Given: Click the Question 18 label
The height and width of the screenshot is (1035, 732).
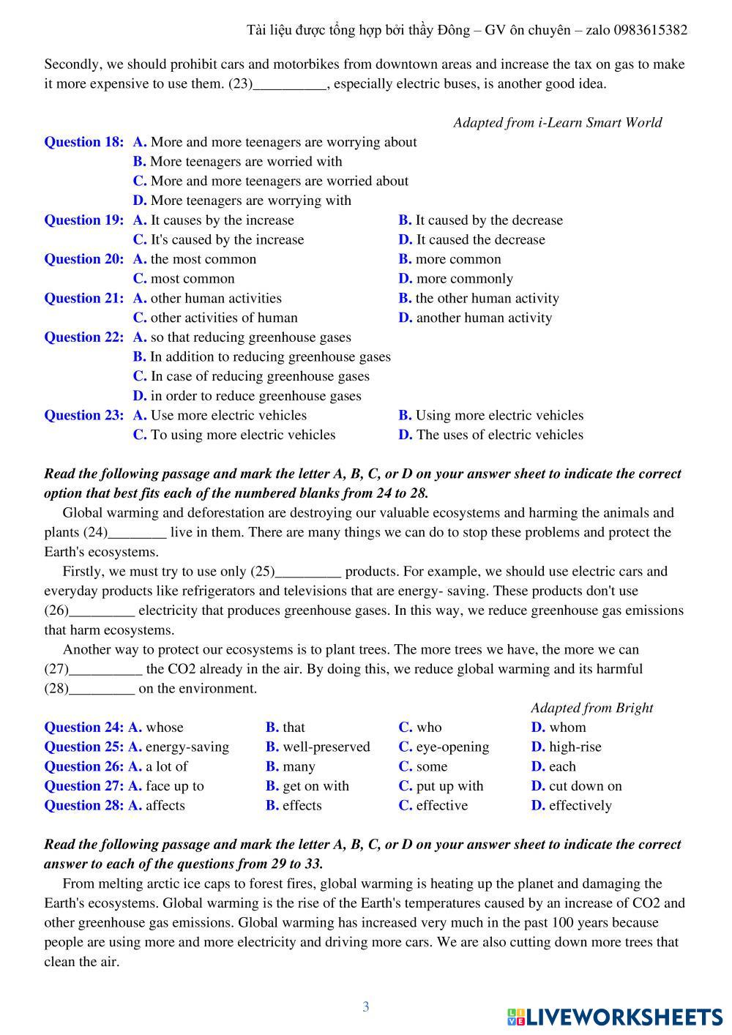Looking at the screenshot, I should pos(83,142).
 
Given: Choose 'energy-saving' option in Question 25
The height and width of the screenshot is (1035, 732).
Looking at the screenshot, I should pos(187,747).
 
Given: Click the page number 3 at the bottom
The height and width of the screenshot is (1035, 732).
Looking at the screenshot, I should pos(366,1007).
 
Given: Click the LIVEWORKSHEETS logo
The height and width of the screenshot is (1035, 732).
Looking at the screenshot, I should pos(615,1017).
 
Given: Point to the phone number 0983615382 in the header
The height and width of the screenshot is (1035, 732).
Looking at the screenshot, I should pos(651,30).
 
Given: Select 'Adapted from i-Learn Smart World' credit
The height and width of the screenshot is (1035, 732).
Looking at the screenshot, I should pos(557,122).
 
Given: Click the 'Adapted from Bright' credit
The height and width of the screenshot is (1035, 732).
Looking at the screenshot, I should pos(591,708).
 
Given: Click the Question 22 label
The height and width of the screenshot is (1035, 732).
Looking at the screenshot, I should pos(83,337).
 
